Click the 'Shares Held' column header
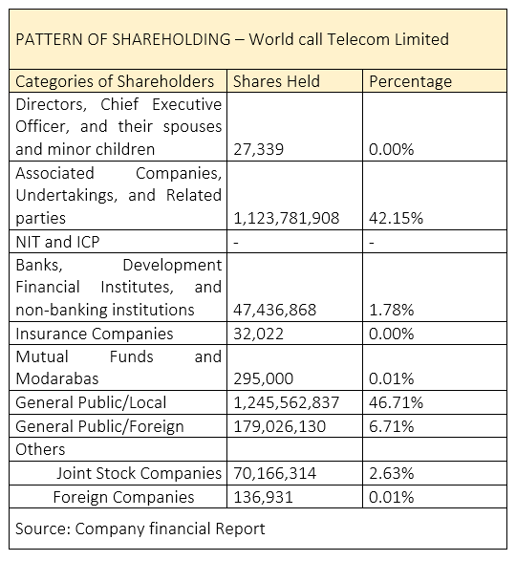pyautogui.click(x=276, y=81)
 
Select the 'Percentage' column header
pyautogui.click(x=411, y=82)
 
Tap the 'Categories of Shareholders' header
pyautogui.click(x=115, y=82)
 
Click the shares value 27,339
pyautogui.click(x=258, y=149)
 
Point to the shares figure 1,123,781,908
pyautogui.click(x=287, y=218)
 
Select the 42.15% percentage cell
pyautogui.click(x=396, y=218)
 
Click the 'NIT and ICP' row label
pyautogui.click(x=57, y=242)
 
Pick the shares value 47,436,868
pyautogui.click(x=275, y=310)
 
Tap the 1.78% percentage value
pyautogui.click(x=391, y=310)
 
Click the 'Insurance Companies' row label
pyautogui.click(x=95, y=334)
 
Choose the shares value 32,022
pyautogui.click(x=258, y=334)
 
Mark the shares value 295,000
pyautogui.click(x=264, y=378)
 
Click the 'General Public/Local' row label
pyautogui.click(x=91, y=402)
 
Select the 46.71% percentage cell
pyautogui.click(x=396, y=402)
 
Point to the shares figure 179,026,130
pyautogui.click(x=279, y=426)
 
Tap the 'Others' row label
pyautogui.click(x=40, y=449)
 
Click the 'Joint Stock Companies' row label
pyautogui.click(x=140, y=473)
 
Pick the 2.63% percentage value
pyautogui.click(x=391, y=473)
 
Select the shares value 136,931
pyautogui.click(x=263, y=497)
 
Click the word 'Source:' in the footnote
pyautogui.click(x=43, y=529)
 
